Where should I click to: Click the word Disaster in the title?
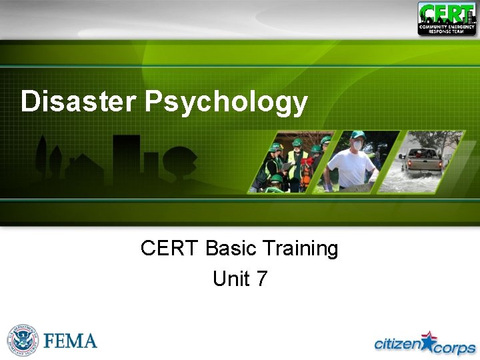click(x=79, y=102)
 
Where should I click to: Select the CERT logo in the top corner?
click(x=447, y=18)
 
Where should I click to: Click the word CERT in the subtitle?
click(x=169, y=249)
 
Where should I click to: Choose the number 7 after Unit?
click(x=261, y=278)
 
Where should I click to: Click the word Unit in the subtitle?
click(x=230, y=278)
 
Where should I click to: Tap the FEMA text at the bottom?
click(x=71, y=341)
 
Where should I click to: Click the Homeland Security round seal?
click(x=23, y=341)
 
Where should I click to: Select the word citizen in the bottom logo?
click(x=398, y=343)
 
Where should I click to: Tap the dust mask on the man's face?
click(x=358, y=145)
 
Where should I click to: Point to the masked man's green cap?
click(x=358, y=135)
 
